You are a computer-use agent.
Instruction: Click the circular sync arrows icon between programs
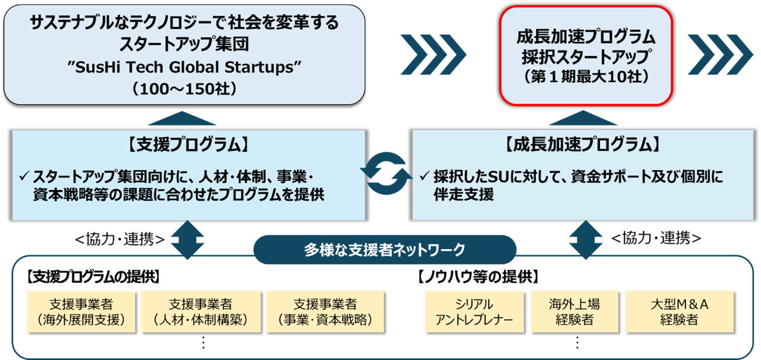click(389, 174)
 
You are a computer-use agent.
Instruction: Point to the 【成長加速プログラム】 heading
click(583, 144)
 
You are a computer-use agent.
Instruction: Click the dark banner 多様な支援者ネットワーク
click(384, 249)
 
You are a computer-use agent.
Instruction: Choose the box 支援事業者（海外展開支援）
click(81, 311)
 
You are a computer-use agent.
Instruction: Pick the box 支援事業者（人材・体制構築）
click(201, 311)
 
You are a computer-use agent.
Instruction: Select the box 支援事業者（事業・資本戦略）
click(326, 311)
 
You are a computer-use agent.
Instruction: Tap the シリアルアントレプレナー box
click(474, 311)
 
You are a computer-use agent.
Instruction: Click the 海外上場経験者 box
click(574, 311)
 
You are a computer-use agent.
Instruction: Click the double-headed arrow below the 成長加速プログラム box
click(582, 239)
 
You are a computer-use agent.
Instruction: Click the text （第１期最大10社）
click(586, 78)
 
